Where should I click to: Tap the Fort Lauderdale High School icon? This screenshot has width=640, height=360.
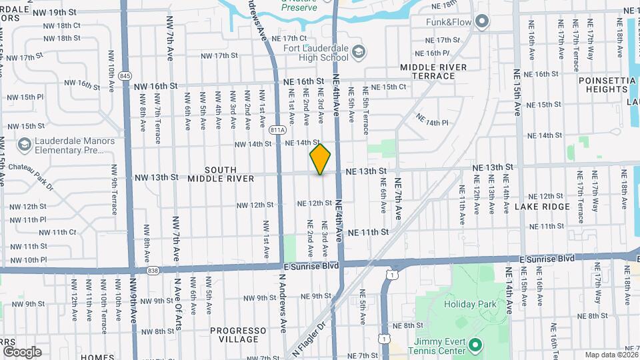point(359,51)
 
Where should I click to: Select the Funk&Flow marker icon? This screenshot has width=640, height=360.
point(482,22)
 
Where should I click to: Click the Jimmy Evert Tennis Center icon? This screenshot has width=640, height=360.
point(474,345)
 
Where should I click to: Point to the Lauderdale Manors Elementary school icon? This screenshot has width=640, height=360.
point(24,145)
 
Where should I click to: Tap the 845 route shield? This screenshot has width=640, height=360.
point(125,76)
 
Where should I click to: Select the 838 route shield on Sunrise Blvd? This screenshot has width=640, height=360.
point(153,270)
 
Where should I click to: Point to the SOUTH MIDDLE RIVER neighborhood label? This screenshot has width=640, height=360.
point(221,174)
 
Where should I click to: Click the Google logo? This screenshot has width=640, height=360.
point(22,351)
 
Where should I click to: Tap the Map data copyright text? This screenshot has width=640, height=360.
point(610,355)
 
